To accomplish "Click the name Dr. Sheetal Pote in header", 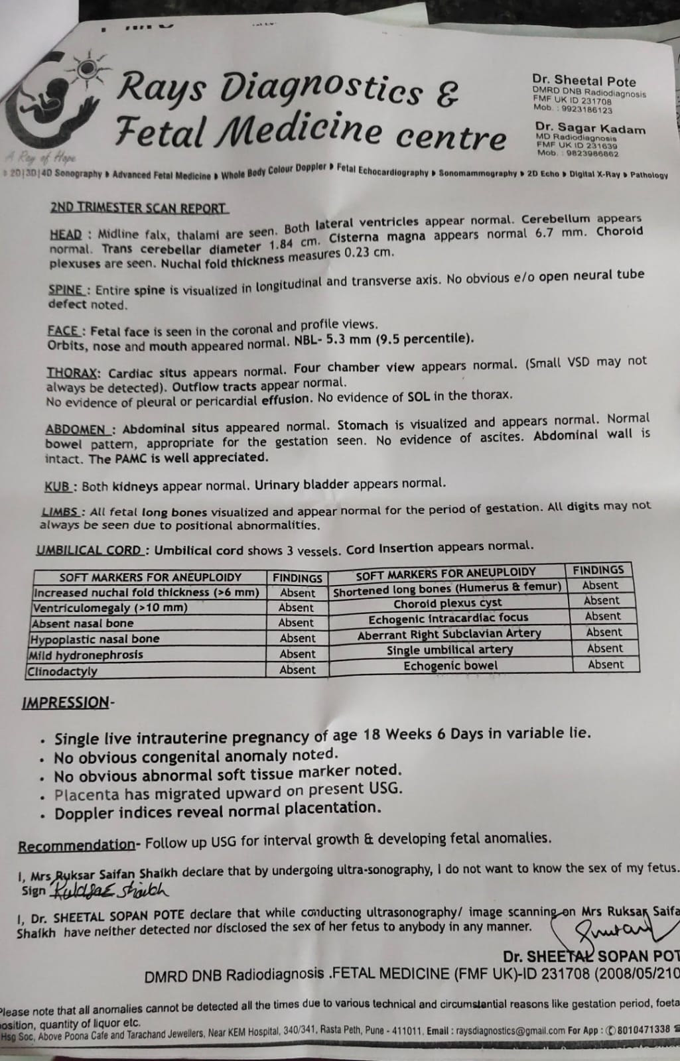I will click(x=583, y=82).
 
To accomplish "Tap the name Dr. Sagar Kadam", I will click(x=590, y=129).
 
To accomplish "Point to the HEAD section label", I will click(x=66, y=234).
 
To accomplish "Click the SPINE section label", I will click(x=66, y=290).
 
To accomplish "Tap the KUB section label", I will click(x=57, y=487).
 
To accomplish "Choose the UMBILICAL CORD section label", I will click(x=89, y=550).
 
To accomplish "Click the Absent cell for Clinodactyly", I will click(x=297, y=670).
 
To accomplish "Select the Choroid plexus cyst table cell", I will click(x=448, y=603).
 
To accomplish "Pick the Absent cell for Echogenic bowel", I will click(x=606, y=664).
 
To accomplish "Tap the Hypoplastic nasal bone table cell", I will click(x=95, y=639).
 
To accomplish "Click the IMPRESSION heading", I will click(x=65, y=703).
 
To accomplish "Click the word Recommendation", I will click(x=76, y=845).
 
